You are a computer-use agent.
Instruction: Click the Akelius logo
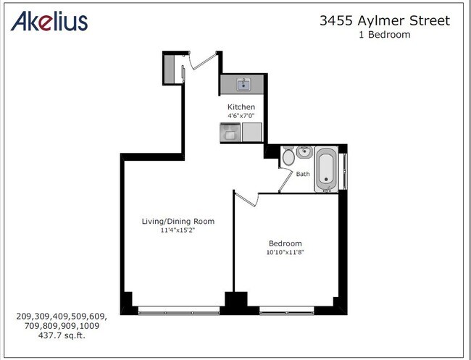point(49,21)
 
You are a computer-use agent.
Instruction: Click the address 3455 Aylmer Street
point(385,20)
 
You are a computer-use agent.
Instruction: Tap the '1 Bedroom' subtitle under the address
point(384,35)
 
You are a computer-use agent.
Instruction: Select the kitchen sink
point(243,85)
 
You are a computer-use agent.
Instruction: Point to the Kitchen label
point(241,107)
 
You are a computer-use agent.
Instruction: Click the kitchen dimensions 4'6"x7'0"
point(241,115)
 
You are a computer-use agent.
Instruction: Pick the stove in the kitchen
point(230,133)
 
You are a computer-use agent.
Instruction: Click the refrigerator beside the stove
point(251,133)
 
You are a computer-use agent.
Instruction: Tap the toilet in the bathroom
point(288,155)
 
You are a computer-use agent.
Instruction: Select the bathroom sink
point(304,153)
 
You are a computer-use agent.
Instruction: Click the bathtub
point(326,169)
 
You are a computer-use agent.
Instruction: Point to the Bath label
point(303,174)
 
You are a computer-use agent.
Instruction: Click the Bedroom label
point(285,243)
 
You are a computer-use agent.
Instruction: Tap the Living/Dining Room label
point(178,221)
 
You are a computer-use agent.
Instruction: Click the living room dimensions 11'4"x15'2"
point(178,230)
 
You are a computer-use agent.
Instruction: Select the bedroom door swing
point(245,198)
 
